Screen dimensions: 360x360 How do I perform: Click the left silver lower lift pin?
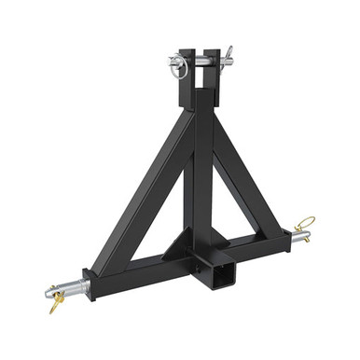click(69, 284)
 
